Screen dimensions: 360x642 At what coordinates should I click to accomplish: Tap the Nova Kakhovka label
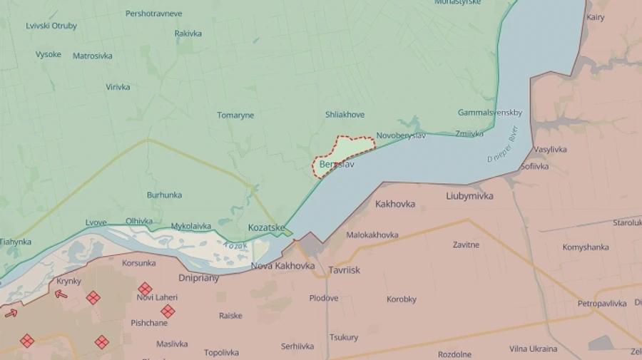(x=282, y=266)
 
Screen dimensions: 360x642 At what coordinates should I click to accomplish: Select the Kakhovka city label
(x=395, y=204)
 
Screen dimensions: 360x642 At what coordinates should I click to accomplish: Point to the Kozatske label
(x=266, y=227)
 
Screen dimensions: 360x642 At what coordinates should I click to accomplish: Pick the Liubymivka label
(x=469, y=196)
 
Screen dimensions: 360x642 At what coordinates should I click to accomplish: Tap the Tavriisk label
(x=345, y=270)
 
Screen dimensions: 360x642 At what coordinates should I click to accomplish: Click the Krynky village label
(x=68, y=281)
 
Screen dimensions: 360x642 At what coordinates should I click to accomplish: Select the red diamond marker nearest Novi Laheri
(x=145, y=288)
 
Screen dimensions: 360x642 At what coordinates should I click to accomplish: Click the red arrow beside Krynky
(x=62, y=294)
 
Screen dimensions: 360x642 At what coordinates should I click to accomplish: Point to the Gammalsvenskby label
(x=490, y=113)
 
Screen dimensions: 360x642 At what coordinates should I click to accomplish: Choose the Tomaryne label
(x=235, y=115)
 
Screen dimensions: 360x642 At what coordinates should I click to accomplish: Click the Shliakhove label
(x=345, y=115)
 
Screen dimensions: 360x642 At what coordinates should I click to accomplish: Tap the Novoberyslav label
(x=401, y=135)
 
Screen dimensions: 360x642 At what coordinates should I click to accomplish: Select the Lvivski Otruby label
(x=51, y=26)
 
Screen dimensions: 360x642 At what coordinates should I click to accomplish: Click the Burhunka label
(x=164, y=195)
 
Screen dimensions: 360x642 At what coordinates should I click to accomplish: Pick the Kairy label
(x=595, y=16)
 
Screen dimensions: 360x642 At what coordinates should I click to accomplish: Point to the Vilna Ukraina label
(x=534, y=349)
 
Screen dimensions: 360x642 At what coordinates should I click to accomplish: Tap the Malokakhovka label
(x=372, y=235)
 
